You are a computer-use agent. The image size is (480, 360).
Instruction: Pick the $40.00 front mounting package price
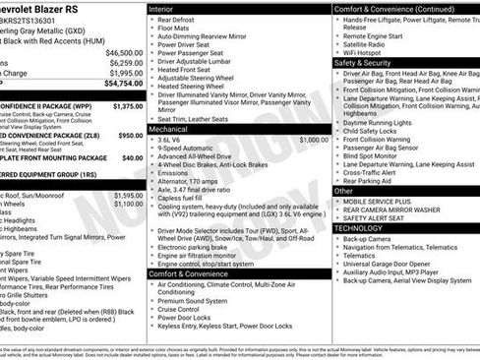[132, 156]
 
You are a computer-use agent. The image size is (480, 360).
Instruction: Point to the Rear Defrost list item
[176, 19]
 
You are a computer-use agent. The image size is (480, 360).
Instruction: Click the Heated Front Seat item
[184, 70]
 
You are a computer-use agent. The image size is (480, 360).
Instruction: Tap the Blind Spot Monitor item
[370, 155]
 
